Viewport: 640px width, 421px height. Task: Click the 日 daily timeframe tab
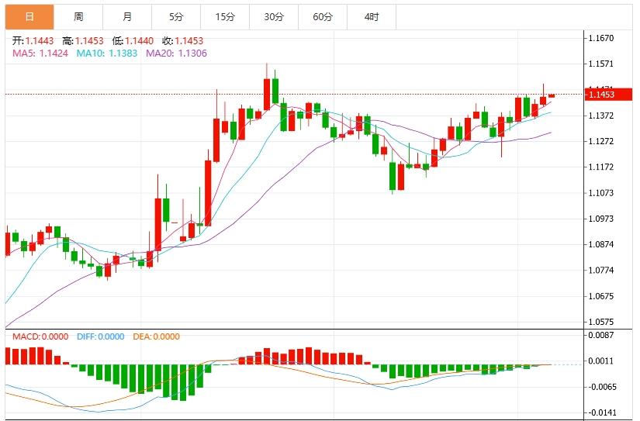coord(29,16)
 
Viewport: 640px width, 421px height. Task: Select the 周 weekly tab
coord(78,16)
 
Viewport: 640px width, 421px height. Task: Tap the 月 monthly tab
coord(127,16)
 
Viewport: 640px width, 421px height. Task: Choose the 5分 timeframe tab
coord(176,16)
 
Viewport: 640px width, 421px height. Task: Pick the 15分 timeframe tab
coord(225,16)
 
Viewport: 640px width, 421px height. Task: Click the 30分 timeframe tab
coord(274,16)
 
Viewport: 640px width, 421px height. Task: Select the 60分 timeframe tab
coord(323,16)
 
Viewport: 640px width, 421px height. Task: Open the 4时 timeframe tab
coord(372,16)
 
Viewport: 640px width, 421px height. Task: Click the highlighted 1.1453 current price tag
coord(601,95)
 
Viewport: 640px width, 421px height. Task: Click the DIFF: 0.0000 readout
coord(100,336)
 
